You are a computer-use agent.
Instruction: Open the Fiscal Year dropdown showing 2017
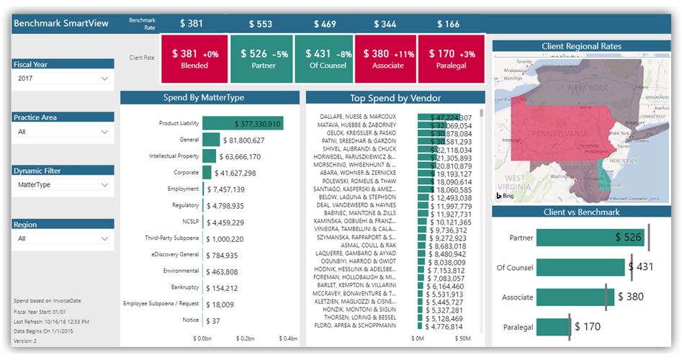click(63, 78)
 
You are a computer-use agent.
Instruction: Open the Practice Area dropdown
click(63, 132)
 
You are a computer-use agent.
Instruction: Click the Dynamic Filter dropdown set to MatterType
click(63, 185)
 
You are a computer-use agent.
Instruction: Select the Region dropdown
click(63, 238)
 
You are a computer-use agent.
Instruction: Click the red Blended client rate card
click(194, 59)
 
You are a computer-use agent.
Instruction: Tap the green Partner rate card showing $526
click(261, 59)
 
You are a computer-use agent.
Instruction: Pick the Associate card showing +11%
click(385, 59)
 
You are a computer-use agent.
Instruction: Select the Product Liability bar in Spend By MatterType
click(243, 124)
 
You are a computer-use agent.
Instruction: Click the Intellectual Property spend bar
click(209, 156)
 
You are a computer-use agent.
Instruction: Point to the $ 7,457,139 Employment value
click(225, 189)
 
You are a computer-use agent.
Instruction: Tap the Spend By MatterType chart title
click(209, 98)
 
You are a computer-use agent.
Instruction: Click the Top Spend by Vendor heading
click(395, 98)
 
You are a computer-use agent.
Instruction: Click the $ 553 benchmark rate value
click(261, 24)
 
